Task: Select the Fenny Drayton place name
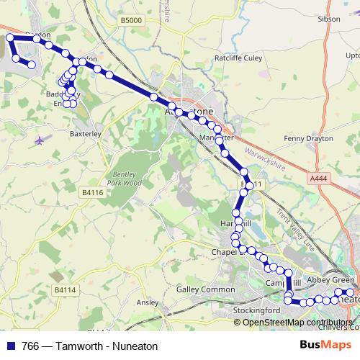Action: coord(309,138)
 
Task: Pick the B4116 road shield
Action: coord(92,192)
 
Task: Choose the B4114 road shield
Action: coord(65,289)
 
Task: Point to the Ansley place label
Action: coord(147,303)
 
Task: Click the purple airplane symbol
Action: coord(40,139)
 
